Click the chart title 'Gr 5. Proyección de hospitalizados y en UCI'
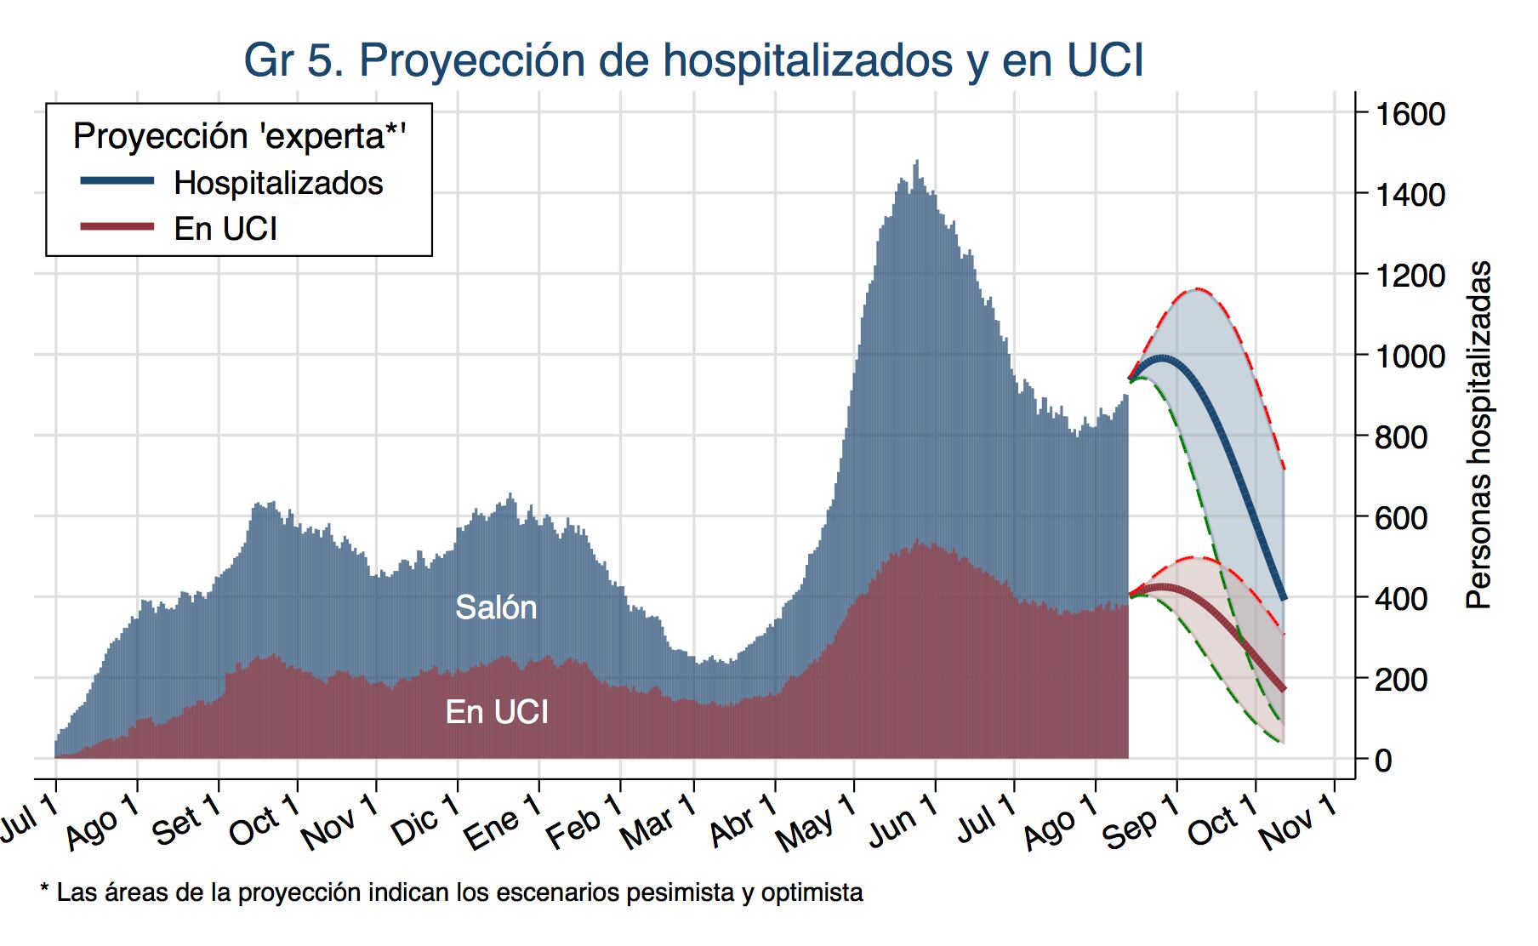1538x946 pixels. [693, 60]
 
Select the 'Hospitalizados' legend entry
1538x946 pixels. [278, 183]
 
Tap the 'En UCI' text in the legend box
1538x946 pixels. [225, 229]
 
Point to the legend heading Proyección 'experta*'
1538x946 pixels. [239, 136]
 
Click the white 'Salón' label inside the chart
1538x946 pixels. [496, 607]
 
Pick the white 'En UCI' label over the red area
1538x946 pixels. [497, 712]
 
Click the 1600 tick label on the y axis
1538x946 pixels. [1410, 113]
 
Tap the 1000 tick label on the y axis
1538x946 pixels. [1410, 356]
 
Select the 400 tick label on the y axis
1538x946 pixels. [1400, 598]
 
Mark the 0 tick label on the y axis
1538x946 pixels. [1383, 760]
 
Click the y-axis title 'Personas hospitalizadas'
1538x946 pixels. [1479, 434]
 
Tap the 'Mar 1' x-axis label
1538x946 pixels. [659, 822]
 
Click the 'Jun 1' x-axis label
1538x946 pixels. [903, 822]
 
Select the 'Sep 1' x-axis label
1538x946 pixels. [1141, 822]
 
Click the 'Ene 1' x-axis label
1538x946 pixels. [504, 822]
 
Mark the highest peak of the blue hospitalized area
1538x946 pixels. [916, 162]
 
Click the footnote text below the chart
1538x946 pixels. [452, 892]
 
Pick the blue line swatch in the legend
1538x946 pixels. [117, 181]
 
